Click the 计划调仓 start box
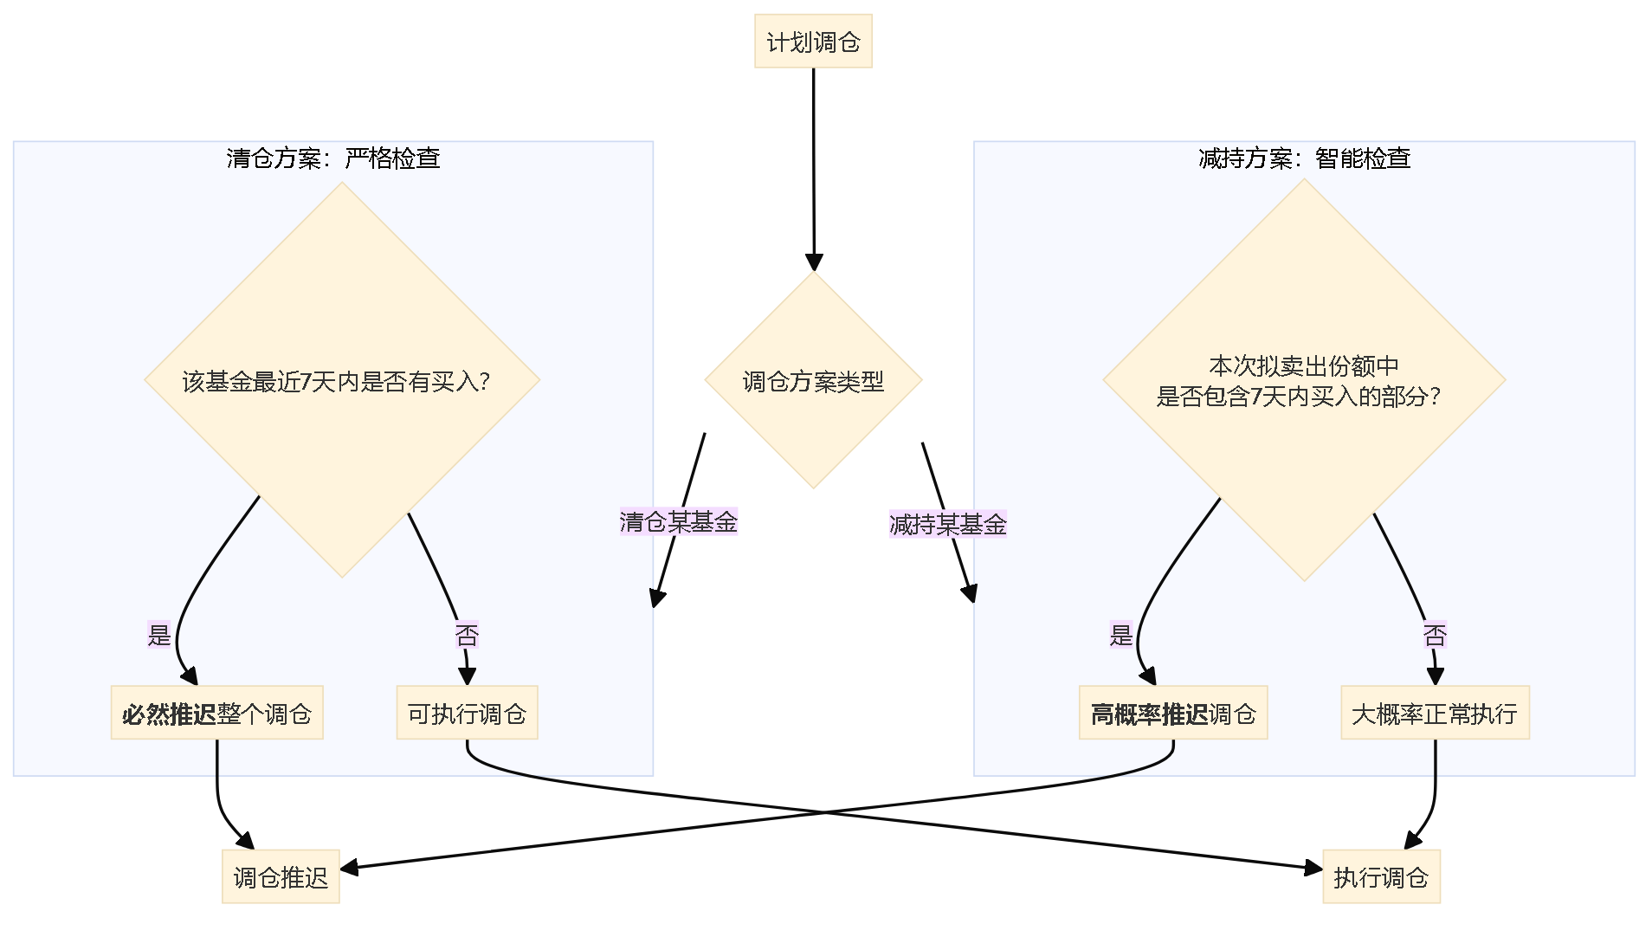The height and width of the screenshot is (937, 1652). [x=813, y=42]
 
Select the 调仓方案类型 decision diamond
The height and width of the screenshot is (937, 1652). [x=813, y=381]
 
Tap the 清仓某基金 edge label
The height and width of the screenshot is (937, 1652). [x=679, y=522]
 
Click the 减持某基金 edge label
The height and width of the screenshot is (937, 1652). [x=948, y=525]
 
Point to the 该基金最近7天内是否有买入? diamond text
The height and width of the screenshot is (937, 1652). [x=336, y=382]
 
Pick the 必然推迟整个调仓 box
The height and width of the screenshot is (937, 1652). [x=216, y=714]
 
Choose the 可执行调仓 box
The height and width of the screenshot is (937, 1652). [x=467, y=714]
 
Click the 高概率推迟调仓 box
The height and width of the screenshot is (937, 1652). [x=1173, y=714]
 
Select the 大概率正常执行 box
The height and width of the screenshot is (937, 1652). [x=1435, y=714]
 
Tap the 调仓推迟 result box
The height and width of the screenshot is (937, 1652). [x=281, y=877]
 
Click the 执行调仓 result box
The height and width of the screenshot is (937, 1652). [x=1381, y=877]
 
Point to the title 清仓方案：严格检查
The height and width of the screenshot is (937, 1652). [x=333, y=158]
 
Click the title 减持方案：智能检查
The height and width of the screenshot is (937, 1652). [x=1305, y=158]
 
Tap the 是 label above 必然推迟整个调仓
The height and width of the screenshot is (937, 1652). [x=159, y=636]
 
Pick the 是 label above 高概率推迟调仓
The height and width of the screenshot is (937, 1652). [x=1121, y=636]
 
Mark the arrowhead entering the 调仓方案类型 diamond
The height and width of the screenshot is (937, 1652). [x=814, y=262]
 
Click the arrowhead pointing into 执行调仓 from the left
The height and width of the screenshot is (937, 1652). [x=1314, y=868]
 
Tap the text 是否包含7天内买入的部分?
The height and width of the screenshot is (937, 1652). [x=1299, y=397]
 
